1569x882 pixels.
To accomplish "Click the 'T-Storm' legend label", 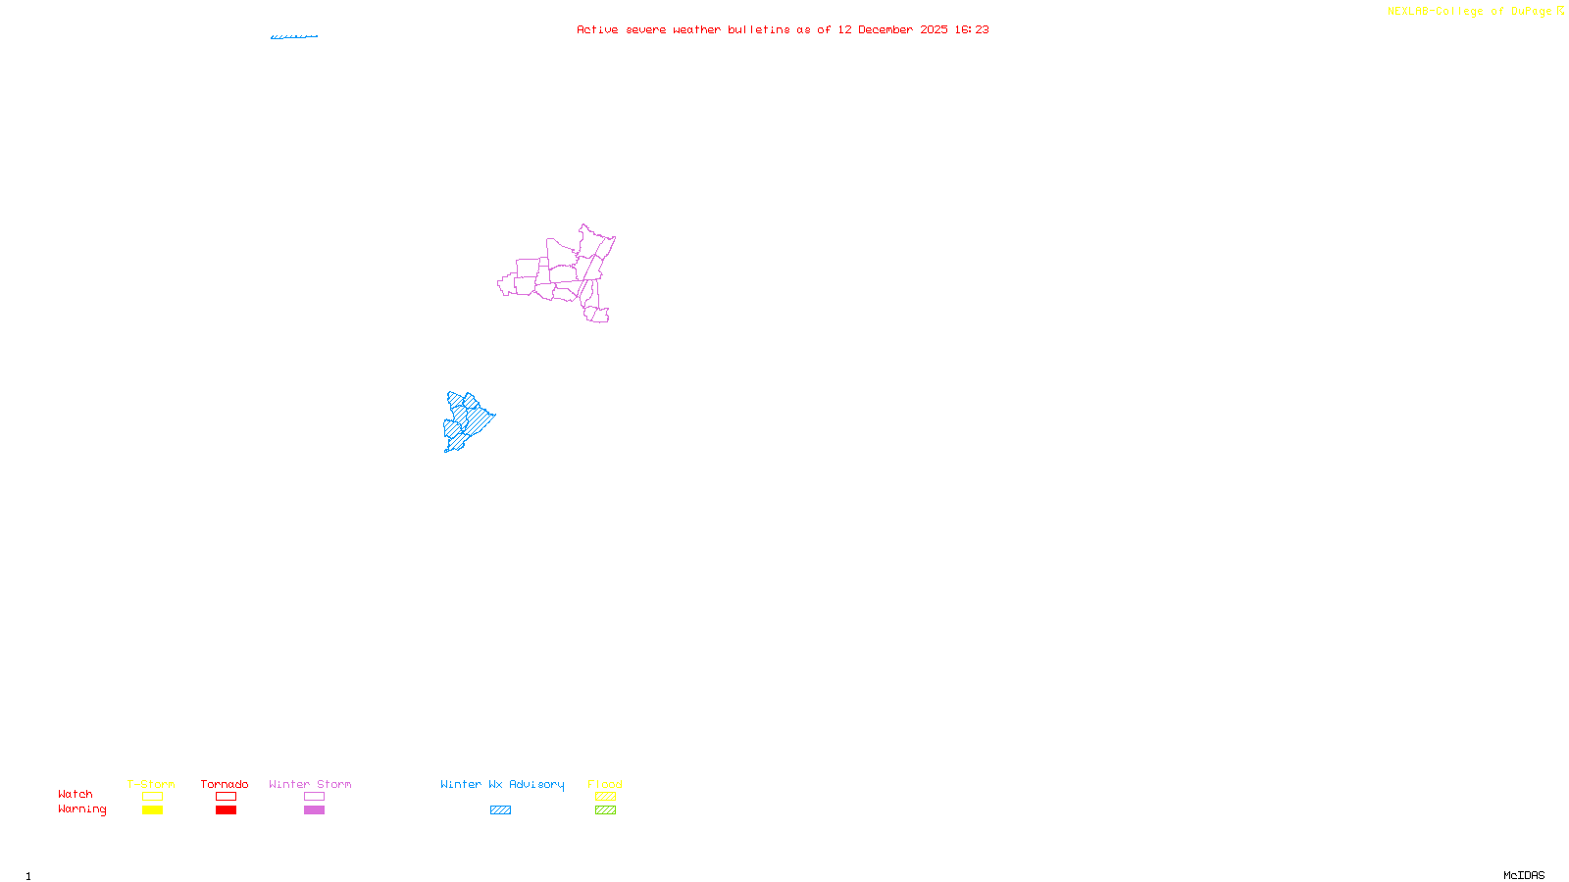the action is (x=151, y=784).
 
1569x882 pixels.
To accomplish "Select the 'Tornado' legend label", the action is (x=225, y=784).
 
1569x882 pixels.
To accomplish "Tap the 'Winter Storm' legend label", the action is (x=310, y=784).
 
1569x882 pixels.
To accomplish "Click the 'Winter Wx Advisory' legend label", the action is (x=502, y=784).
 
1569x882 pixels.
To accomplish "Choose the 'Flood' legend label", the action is (x=605, y=784).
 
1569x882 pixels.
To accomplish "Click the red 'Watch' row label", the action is (x=76, y=794).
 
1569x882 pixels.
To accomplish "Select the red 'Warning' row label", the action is (x=82, y=809).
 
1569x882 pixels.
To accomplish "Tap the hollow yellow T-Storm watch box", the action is (x=152, y=797).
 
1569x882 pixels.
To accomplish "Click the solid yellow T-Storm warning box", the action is (x=152, y=810).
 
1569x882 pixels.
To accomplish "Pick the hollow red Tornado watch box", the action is (x=226, y=797).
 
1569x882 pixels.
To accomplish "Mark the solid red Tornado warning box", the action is (x=226, y=810).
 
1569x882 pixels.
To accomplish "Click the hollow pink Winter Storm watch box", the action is (x=314, y=797).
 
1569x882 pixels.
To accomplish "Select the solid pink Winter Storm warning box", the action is (x=314, y=810).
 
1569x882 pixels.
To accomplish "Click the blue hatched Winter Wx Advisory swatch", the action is (x=500, y=810).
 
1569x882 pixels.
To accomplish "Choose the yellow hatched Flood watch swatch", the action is (x=605, y=797).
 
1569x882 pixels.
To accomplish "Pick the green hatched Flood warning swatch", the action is (x=605, y=810).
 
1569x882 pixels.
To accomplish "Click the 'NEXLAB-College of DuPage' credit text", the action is (x=1470, y=12).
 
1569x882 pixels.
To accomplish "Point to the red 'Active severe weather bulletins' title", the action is (x=783, y=29).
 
